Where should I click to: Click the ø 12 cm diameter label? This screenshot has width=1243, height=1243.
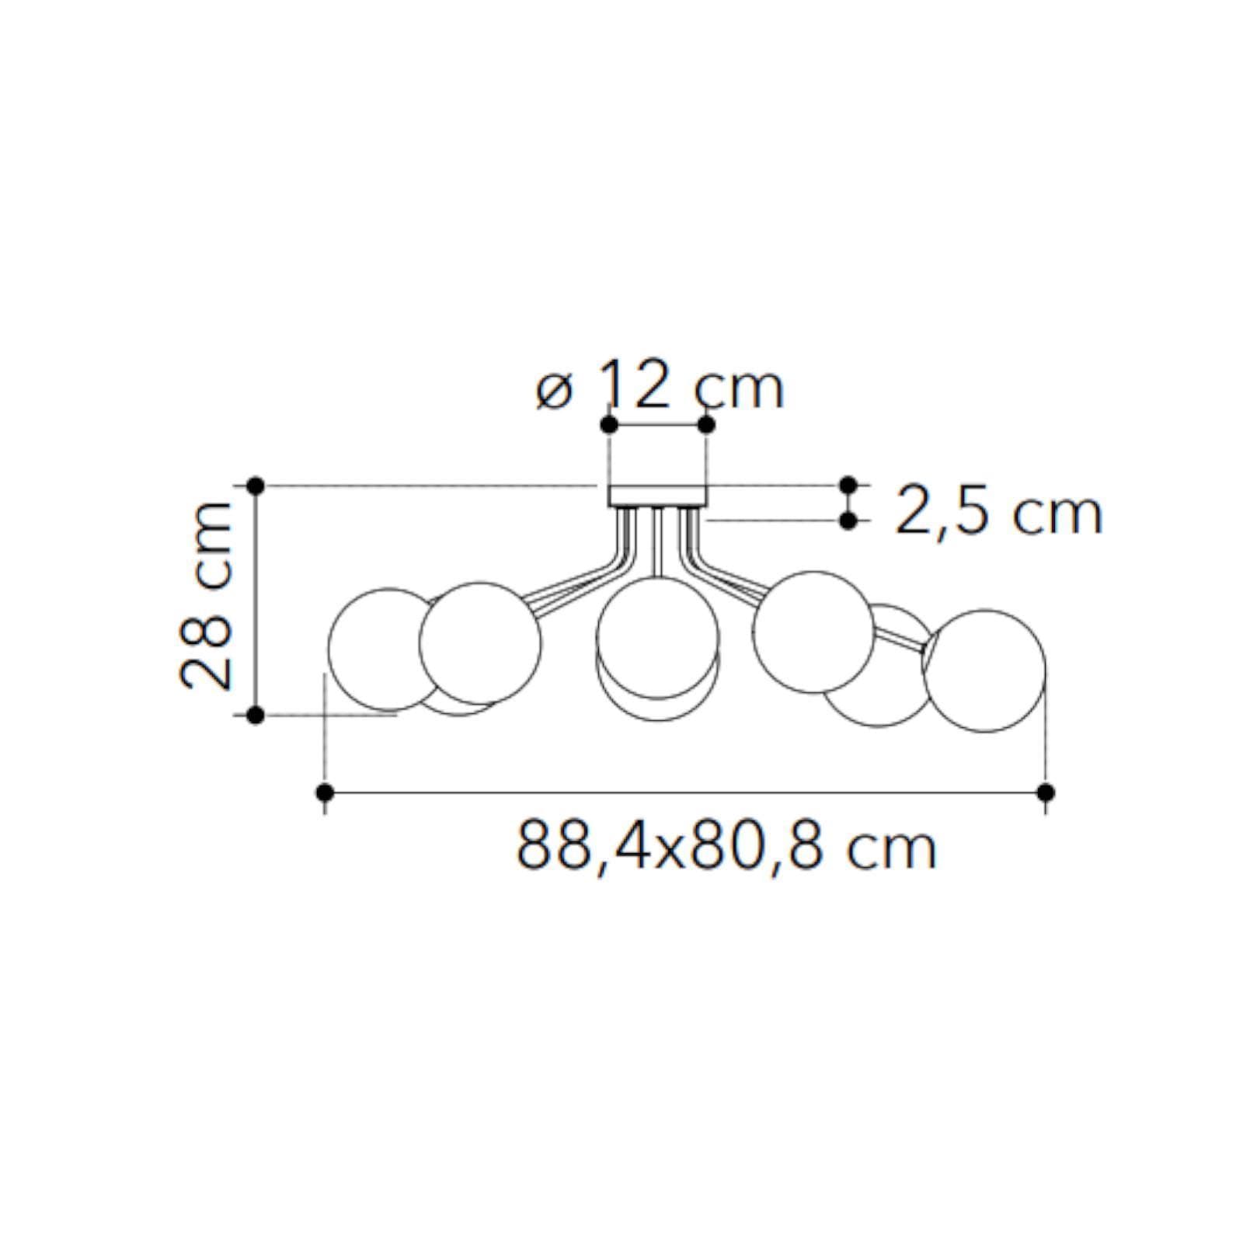point(660,387)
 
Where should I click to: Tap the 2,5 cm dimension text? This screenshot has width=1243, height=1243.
point(998,512)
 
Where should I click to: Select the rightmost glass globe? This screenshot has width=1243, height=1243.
point(985,670)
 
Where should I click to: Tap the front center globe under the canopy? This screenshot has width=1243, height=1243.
point(657,639)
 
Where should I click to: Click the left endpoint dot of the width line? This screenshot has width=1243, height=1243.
point(326,792)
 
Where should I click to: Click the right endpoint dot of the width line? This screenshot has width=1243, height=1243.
point(1046,792)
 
